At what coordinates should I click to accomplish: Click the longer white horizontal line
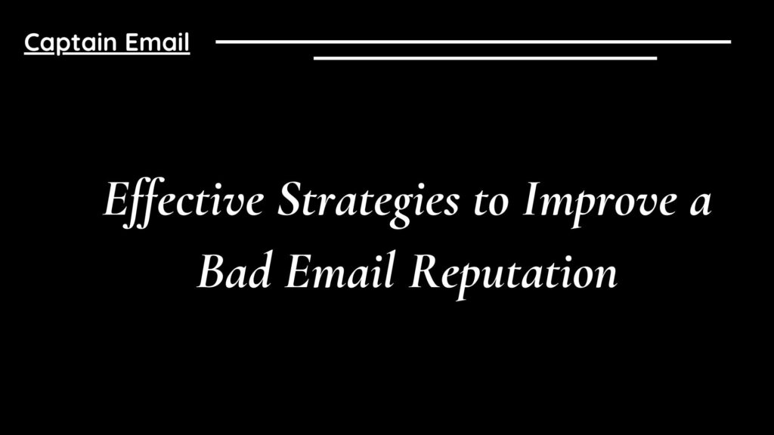pos(473,42)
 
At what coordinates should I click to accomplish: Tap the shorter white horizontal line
pos(485,57)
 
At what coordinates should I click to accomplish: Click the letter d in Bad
pos(257,271)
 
